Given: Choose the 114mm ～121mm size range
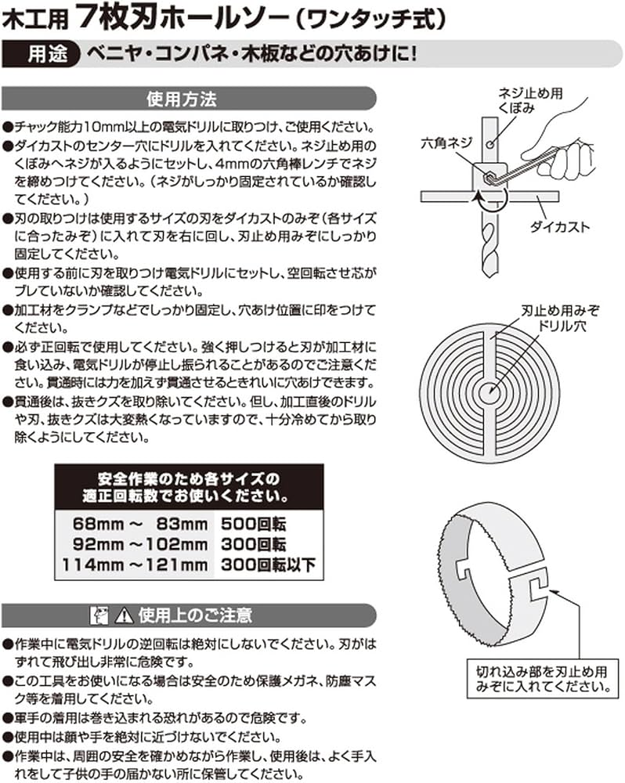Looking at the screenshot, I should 132,564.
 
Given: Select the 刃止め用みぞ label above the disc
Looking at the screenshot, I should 553,309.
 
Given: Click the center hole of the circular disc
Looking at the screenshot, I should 491,386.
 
